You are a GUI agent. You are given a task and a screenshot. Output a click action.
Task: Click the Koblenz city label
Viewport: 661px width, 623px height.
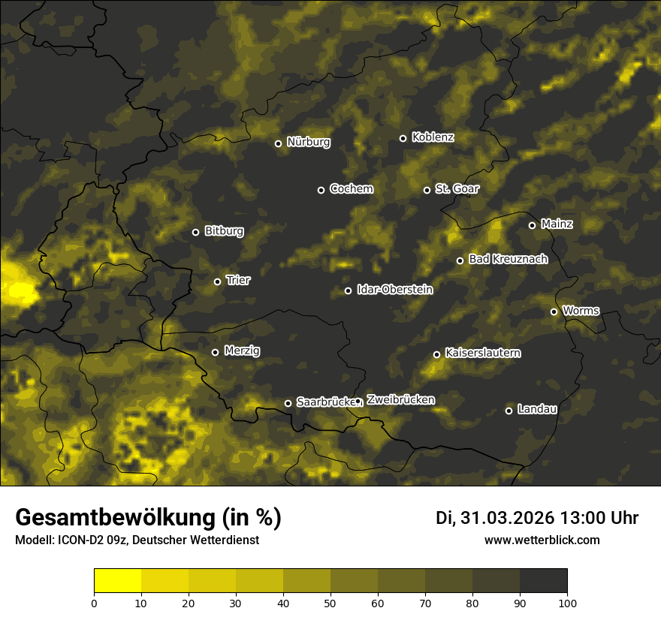[433, 137]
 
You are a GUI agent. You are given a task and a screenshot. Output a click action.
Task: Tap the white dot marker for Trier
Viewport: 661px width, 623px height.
[218, 281]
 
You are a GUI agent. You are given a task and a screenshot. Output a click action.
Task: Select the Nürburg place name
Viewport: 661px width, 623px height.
[308, 143]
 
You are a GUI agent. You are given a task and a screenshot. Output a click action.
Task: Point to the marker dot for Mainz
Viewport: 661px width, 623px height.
[532, 225]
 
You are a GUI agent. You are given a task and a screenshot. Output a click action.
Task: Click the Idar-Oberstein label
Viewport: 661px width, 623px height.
[394, 290]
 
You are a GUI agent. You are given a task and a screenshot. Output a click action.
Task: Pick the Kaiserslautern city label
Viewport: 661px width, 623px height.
[482, 353]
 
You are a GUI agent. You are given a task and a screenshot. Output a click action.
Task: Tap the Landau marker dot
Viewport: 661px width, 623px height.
[509, 411]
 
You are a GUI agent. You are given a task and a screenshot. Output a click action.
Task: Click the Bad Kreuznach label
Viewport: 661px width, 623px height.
[508, 259]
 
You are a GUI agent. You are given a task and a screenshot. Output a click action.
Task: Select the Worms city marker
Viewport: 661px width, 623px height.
[554, 311]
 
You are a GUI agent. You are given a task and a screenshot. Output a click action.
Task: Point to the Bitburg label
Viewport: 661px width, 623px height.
[224, 231]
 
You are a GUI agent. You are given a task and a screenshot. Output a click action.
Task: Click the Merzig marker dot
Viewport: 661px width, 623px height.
[215, 352]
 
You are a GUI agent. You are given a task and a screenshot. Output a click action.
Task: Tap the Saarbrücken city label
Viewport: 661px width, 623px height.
[324, 402]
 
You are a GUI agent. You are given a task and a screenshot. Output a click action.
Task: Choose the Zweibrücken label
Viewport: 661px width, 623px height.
[400, 400]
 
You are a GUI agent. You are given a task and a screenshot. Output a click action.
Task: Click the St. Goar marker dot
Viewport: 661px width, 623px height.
[427, 190]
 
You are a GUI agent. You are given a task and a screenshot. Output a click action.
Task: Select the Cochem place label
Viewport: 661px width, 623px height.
[351, 189]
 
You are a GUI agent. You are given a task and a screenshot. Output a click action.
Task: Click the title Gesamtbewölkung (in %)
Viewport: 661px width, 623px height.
[148, 518]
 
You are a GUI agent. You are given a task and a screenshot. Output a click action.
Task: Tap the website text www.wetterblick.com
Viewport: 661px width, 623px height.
[542, 540]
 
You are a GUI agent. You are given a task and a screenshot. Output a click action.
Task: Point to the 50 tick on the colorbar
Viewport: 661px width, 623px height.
[330, 602]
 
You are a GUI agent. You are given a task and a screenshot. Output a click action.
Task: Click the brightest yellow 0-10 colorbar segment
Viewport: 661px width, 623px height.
[118, 580]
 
